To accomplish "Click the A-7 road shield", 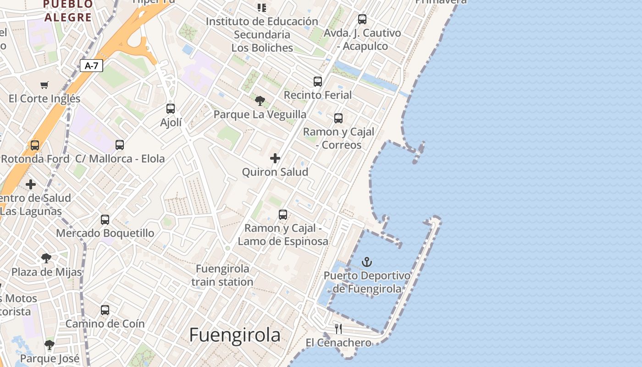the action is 91,66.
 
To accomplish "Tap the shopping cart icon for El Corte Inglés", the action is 44,85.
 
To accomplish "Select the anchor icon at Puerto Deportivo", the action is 366,262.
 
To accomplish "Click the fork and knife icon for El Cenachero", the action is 338,328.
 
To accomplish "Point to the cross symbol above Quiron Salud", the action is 275,158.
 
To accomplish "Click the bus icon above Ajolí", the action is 171,109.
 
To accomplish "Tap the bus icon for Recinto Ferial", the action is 318,82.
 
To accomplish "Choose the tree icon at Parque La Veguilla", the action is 260,100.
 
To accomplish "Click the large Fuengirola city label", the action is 235,335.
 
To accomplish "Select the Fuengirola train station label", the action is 222,275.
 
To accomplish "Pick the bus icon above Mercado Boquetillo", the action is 105,219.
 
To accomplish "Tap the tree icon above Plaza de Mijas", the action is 46,258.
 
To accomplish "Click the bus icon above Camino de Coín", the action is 105,310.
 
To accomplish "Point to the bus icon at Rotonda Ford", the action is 35,145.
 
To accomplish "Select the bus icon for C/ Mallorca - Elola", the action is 120,145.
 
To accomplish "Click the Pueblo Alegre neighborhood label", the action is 68,11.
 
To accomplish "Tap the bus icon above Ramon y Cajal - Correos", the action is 338,118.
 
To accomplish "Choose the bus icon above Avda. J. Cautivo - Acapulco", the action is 362,19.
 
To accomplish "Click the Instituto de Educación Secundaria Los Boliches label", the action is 262,34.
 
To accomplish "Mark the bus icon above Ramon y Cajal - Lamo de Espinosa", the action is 283,214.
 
